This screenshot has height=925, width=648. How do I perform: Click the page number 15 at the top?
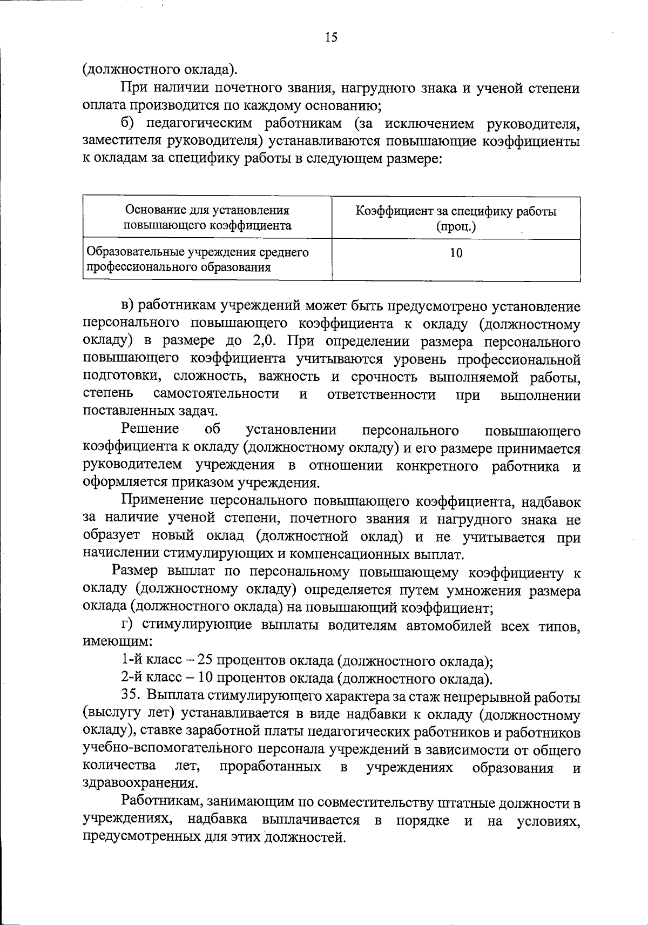click(x=331, y=37)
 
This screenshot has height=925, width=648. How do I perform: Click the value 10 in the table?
click(x=456, y=253)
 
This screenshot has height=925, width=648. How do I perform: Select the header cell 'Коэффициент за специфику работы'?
click(x=456, y=211)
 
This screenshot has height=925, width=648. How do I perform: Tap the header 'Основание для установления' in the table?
click(x=207, y=210)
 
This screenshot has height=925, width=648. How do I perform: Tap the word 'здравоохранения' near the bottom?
click(x=140, y=783)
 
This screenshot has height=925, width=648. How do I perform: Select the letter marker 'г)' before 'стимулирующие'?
click(x=127, y=626)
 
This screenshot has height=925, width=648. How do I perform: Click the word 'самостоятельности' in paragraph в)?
click(x=216, y=394)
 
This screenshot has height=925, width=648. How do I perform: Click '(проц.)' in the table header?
click(x=456, y=226)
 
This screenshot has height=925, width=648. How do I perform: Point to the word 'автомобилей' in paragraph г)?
click(x=448, y=626)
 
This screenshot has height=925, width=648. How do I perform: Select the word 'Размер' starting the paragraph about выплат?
click(x=134, y=571)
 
